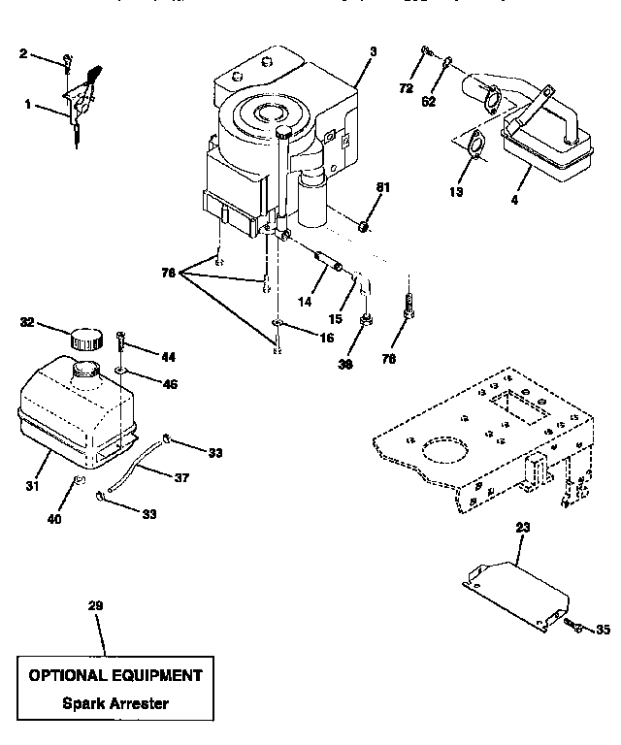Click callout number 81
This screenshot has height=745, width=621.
point(382,188)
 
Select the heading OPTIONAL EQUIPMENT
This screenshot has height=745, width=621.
point(115,675)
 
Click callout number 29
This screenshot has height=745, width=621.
point(94,605)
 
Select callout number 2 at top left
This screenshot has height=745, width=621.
point(23,53)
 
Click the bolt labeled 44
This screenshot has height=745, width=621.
point(120,340)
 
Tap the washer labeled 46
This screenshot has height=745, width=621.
point(118,371)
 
